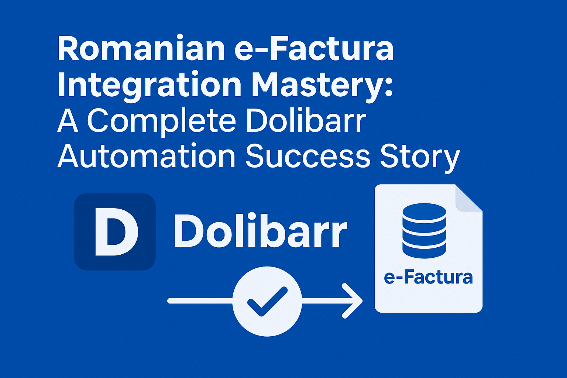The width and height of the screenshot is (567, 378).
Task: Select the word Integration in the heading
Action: [150, 86]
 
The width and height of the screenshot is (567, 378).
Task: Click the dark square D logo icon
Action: [115, 232]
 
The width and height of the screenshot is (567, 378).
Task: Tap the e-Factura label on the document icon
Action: [428, 277]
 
